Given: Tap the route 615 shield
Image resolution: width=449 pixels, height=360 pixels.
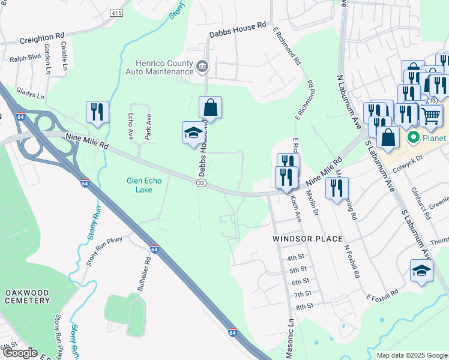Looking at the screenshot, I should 116,13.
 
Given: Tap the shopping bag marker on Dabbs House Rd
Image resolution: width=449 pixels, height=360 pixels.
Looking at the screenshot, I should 210,108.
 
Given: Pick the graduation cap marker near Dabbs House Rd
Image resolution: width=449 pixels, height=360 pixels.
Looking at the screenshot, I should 193,133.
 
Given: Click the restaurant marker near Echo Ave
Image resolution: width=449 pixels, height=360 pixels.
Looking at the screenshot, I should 97,112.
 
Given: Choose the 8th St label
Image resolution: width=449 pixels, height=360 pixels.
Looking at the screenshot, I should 304,306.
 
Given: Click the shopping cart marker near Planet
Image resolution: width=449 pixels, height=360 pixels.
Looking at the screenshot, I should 431,116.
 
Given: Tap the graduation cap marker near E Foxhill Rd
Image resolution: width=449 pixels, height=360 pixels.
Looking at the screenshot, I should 421,271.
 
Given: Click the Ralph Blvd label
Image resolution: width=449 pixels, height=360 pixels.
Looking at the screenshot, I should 23,59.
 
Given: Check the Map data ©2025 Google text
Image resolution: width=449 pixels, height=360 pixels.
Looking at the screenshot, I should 411,355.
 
